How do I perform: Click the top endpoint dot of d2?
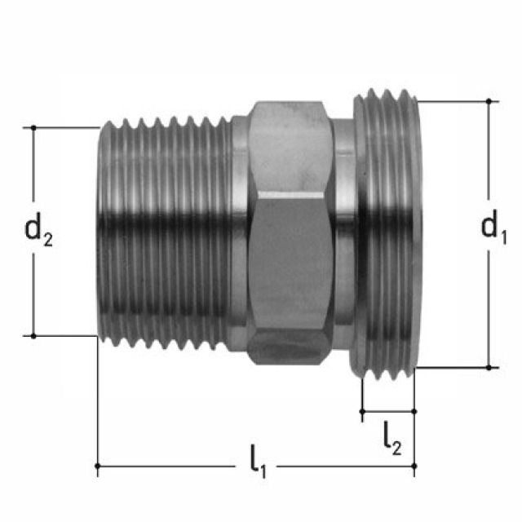[x=33, y=128]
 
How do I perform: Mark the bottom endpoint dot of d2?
[x=33, y=335]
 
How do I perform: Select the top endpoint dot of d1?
[x=489, y=101]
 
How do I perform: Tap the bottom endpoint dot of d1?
[x=489, y=367]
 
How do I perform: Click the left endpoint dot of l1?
[x=98, y=466]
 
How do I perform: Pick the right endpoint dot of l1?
[x=414, y=466]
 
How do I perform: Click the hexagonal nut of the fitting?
[x=292, y=232]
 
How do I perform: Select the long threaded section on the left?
[x=163, y=232]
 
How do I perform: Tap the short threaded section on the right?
[x=387, y=232]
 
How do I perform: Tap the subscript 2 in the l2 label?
[x=397, y=447]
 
